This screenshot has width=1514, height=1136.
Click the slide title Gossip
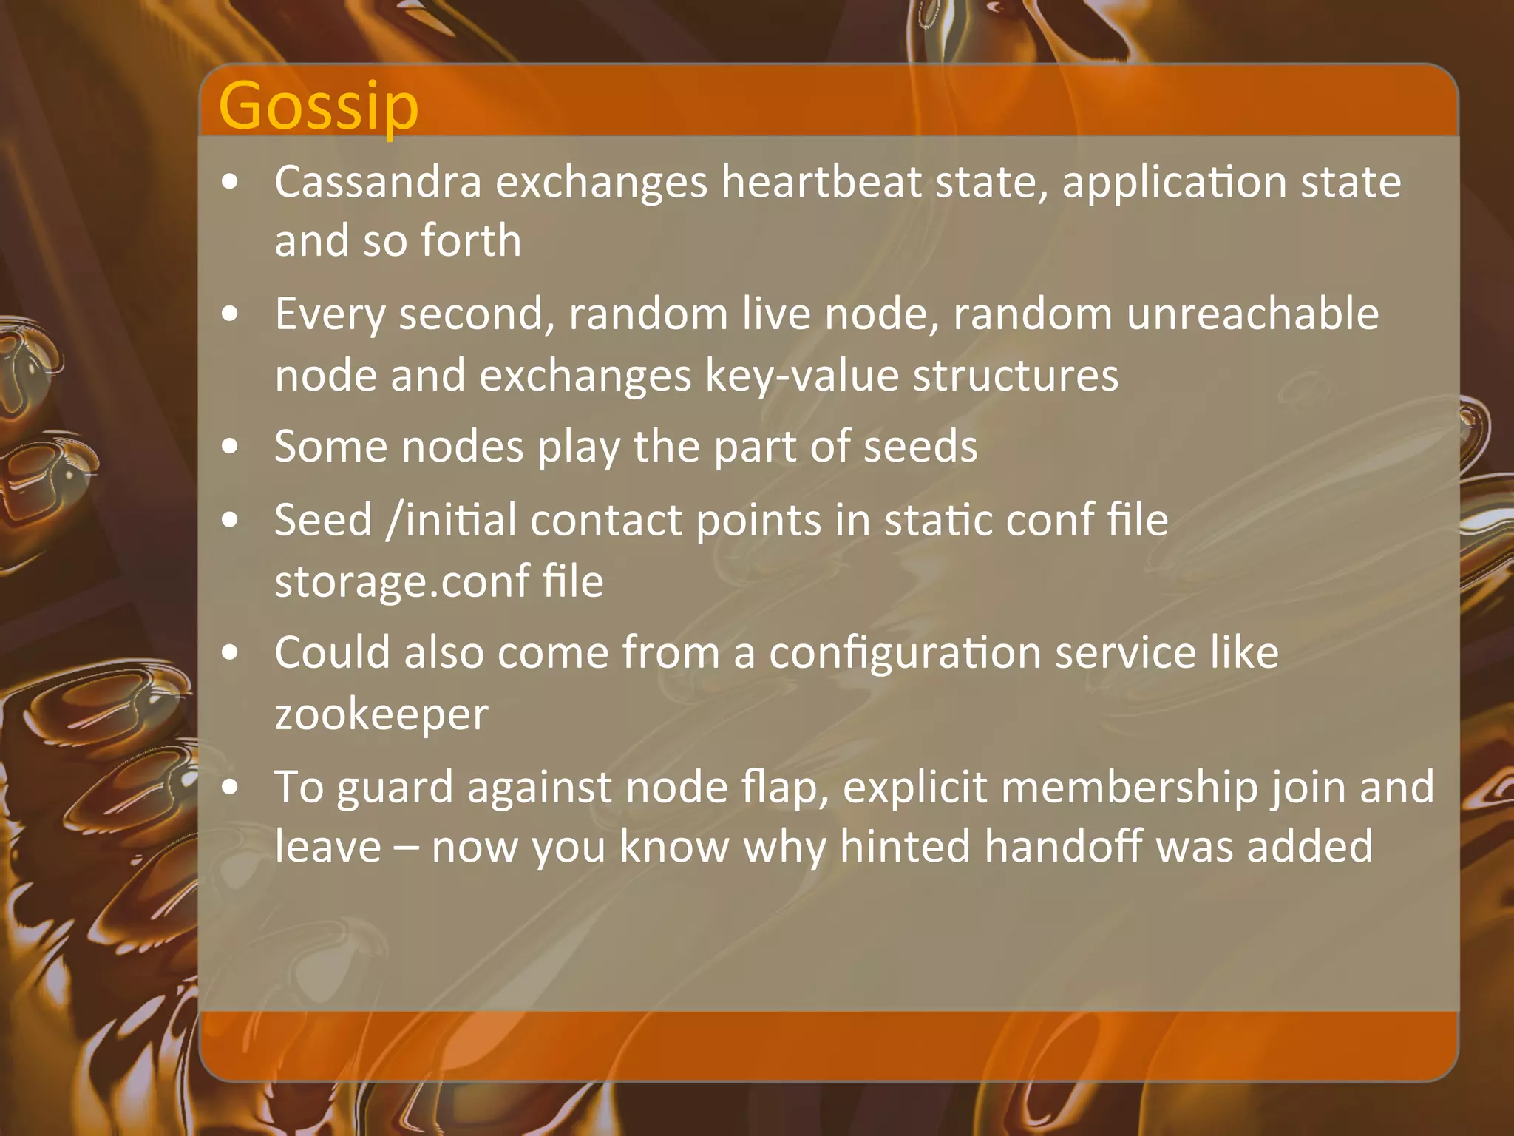(319, 106)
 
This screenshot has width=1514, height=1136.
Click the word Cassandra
(378, 181)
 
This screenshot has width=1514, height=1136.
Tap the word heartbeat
(821, 181)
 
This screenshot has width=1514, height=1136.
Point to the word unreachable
(1252, 314)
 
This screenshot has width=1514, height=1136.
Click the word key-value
(801, 375)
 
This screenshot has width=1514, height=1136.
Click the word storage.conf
(402, 581)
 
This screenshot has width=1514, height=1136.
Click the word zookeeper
(381, 714)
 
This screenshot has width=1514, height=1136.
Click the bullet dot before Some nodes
(231, 447)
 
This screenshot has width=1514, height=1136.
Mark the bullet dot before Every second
(231, 314)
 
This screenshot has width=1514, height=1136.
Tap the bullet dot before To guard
(231, 787)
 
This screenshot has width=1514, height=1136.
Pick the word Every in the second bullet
(330, 314)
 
